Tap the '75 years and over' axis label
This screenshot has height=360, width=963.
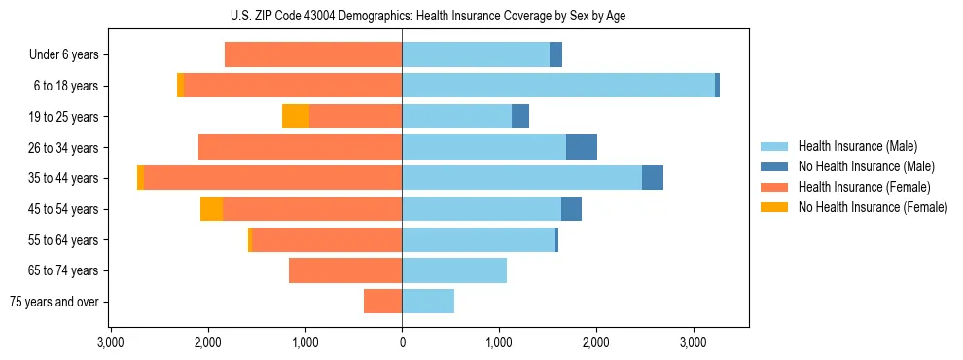(x=54, y=302)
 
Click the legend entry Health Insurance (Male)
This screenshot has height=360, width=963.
(x=856, y=146)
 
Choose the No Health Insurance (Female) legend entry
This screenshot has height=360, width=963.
(x=872, y=207)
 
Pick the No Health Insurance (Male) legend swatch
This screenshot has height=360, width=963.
(x=774, y=166)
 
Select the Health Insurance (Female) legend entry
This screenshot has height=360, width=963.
(x=864, y=187)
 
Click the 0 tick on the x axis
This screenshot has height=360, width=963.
(x=402, y=342)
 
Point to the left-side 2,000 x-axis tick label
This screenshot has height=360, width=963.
(x=208, y=342)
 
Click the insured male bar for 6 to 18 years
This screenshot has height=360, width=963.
(x=557, y=86)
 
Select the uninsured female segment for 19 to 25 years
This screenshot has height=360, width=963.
(x=296, y=117)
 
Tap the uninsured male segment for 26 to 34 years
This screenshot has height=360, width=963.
(x=582, y=147)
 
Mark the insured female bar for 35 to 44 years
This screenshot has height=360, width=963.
(x=272, y=178)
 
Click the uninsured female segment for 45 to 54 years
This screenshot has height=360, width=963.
(x=211, y=209)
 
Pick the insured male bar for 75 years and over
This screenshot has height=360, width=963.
(x=428, y=302)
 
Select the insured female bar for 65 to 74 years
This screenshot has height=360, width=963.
(x=345, y=270)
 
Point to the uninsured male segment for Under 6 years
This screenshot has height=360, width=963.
(x=555, y=55)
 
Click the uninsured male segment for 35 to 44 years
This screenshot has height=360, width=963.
(x=653, y=178)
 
